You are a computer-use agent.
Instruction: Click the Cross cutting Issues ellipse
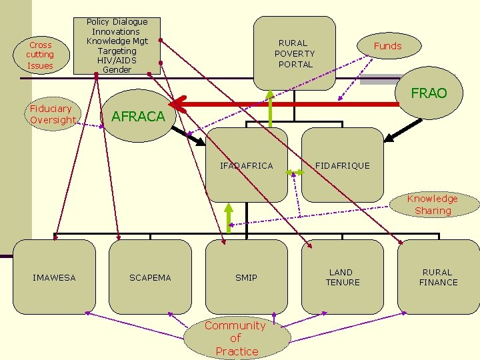[x=40, y=55]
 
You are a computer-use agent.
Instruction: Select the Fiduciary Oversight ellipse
[x=53, y=114]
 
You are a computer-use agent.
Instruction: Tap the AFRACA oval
[x=138, y=116]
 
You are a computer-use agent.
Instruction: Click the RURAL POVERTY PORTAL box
[x=295, y=53]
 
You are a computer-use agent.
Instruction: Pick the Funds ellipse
[x=387, y=46]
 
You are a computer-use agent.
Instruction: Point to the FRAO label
[x=429, y=93]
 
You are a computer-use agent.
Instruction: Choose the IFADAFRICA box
[x=247, y=165]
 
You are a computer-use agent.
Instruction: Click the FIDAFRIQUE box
[x=342, y=165]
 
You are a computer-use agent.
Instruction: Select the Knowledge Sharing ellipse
[x=433, y=205]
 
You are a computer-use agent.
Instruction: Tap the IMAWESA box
[x=54, y=277]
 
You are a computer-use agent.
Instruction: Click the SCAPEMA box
[x=150, y=277]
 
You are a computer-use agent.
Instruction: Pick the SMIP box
[x=246, y=277]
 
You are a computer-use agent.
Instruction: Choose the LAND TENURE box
[x=343, y=277]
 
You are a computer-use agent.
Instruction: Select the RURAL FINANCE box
[x=438, y=277]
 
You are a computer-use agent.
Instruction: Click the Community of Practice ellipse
[x=235, y=338]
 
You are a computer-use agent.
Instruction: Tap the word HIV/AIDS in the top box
[x=117, y=60]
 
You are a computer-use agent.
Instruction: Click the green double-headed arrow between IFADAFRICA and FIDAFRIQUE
[x=295, y=172]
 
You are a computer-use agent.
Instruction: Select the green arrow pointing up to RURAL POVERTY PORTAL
[x=270, y=110]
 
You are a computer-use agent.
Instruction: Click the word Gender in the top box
[x=117, y=69]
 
